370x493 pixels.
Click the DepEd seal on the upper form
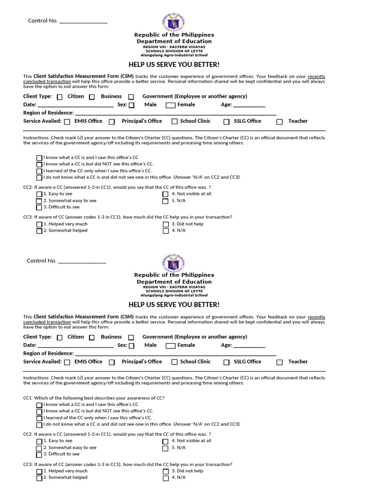point(174,22)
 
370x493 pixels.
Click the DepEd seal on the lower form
point(174,262)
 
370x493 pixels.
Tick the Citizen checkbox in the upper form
point(60,97)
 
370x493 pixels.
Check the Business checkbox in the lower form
point(92,337)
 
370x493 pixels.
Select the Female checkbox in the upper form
point(171,105)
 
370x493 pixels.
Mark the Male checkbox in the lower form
point(132,346)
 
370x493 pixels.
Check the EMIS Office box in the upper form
point(67,122)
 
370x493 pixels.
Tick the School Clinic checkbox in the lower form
point(175,362)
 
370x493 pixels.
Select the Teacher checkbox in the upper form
point(279,122)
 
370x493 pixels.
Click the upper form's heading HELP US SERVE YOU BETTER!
point(174,65)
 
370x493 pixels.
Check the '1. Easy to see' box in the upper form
point(39,194)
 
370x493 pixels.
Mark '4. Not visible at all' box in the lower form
point(165,441)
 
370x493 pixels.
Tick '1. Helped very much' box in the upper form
point(39,224)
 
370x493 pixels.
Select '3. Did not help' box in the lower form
point(165,471)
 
